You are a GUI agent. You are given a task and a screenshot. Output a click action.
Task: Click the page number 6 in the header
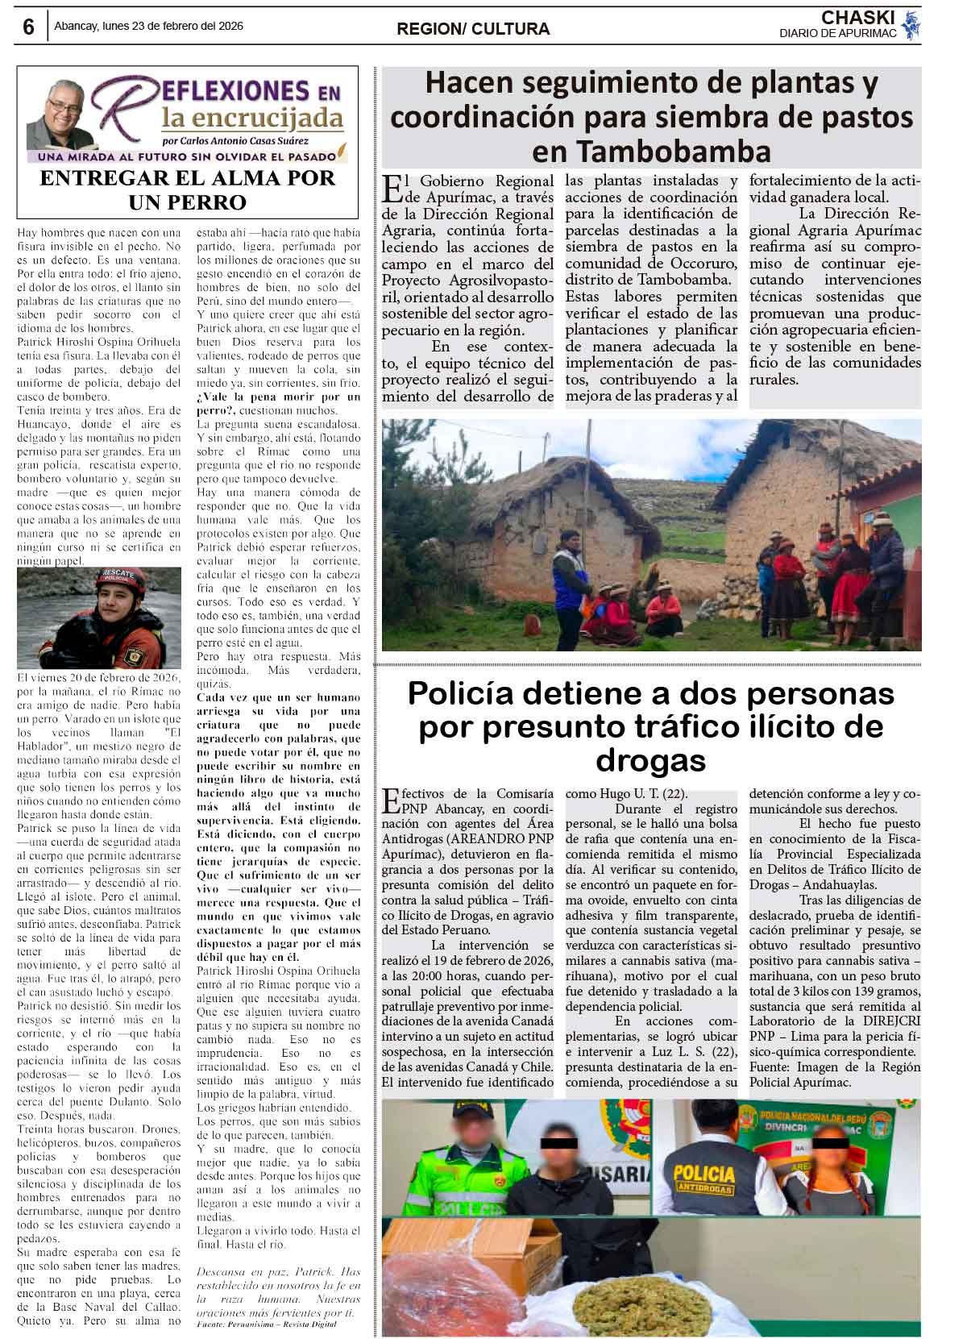tap(29, 27)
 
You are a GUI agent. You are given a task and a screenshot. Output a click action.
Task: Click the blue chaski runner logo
tap(911, 26)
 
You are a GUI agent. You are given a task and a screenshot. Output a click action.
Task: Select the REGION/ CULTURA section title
tap(473, 29)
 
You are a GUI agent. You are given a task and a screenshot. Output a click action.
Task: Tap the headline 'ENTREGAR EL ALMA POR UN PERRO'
tap(187, 189)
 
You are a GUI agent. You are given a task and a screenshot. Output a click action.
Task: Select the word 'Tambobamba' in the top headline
tap(651, 152)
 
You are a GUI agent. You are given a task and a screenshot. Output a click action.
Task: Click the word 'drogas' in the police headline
tap(650, 759)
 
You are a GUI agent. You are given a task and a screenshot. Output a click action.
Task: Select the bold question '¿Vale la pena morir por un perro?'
tap(279, 403)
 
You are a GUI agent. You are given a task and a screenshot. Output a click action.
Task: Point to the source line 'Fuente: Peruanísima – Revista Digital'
tap(267, 1325)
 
